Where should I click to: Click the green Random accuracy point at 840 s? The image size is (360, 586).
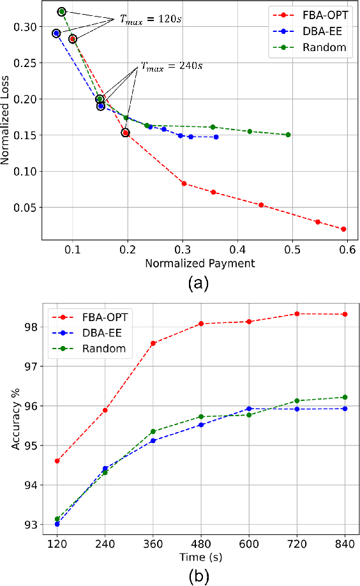pos(345,397)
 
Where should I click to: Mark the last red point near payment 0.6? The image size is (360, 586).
pos(343,229)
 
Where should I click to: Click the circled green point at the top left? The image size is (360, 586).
pos(61,11)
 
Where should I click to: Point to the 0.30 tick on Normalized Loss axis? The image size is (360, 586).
pos(26,27)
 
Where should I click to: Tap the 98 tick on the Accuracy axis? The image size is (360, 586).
pos(32,327)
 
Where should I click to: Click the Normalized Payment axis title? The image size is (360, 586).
pos(200,262)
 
